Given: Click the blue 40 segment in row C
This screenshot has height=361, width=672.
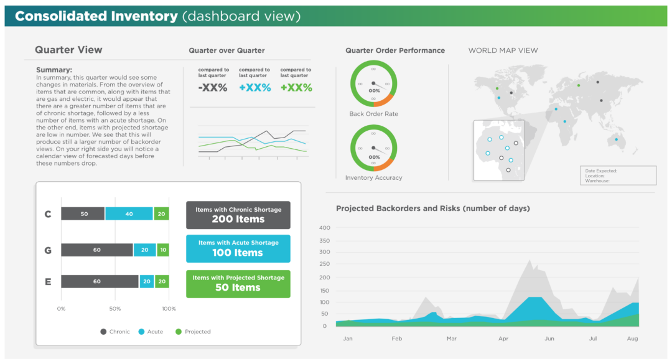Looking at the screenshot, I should point(129,214).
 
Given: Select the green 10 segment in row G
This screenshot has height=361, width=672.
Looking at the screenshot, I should point(163,250).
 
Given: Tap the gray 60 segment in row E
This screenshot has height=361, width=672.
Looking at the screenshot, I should point(100,281).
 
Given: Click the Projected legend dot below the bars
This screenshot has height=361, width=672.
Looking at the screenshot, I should point(179,332).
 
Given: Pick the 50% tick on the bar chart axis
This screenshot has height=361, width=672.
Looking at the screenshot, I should point(115,309).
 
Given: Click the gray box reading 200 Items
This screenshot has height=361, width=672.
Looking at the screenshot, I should point(238,215).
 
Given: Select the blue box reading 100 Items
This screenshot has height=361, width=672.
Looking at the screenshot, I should point(238,248).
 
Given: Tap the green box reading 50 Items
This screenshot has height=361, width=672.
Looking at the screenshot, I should point(238,283).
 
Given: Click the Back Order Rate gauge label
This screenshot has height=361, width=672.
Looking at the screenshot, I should point(373,114).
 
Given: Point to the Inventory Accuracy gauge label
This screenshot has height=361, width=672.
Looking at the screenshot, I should point(373,178).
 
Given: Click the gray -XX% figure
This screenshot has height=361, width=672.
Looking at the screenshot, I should point(213,88).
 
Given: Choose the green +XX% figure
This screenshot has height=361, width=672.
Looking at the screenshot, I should point(296,88).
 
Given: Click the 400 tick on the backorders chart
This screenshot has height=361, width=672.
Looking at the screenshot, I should point(324,228).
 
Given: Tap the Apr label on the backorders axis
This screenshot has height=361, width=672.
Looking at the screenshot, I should point(503,339).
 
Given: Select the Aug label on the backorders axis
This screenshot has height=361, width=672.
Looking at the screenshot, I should point(632,339).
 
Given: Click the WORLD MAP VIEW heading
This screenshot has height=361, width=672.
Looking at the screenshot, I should point(503,50).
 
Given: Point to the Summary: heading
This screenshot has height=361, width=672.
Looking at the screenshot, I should point(54,70).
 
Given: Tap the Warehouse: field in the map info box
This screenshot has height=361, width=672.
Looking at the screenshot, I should point(597,181).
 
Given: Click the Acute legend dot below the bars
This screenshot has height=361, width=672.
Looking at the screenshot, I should point(141,332).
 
